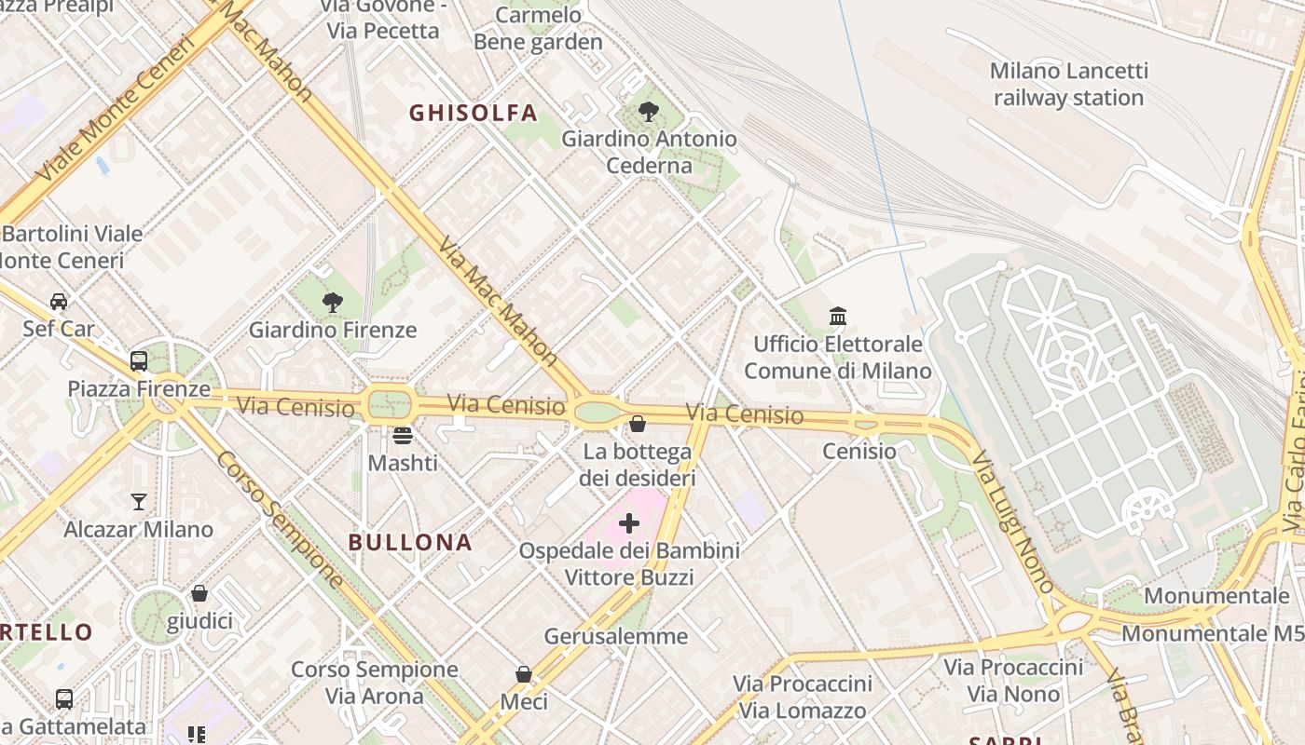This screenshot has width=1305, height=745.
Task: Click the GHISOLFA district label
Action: point(474,114)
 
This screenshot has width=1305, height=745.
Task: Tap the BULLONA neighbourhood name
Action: point(410,543)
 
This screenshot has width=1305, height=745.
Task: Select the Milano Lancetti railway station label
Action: point(1068,84)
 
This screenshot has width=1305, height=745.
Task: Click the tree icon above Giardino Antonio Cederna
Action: point(649,112)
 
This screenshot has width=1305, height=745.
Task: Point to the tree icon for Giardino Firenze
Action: point(332,303)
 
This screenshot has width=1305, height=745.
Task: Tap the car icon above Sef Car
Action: point(59,302)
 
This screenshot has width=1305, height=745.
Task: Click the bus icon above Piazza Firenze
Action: point(139,361)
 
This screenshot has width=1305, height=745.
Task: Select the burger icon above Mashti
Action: point(403,435)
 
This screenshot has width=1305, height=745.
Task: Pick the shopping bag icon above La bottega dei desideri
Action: point(638,425)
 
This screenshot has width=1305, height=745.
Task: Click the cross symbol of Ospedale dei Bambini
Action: point(629,523)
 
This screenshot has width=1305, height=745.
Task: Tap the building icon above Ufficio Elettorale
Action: point(837,317)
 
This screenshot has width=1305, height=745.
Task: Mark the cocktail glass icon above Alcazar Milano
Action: point(139,502)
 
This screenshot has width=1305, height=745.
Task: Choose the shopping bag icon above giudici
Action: point(199,593)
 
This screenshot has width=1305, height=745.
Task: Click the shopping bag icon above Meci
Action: point(524,674)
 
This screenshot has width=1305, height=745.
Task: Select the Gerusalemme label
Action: point(616,637)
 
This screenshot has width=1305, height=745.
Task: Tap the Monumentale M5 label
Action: point(1212,634)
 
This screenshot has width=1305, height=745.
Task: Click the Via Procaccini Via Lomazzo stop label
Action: point(802,698)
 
